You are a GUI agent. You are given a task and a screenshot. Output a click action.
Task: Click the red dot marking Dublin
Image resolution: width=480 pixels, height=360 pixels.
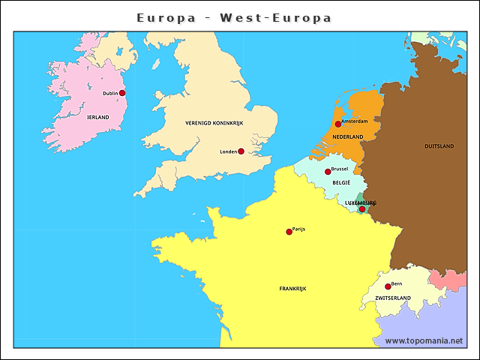pos(122,93)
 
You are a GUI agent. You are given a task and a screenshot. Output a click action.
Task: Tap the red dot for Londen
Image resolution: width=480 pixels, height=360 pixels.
pos(241,151)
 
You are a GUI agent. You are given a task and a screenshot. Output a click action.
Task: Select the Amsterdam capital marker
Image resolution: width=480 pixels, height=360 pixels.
pos(338,124)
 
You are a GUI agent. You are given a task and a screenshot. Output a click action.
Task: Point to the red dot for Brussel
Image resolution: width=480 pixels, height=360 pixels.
pos(328,172)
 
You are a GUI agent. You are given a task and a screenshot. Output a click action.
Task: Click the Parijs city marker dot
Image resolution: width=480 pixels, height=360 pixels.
pos(289,232)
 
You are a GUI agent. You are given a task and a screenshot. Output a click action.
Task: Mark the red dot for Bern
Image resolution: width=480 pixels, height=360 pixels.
pos(388,286)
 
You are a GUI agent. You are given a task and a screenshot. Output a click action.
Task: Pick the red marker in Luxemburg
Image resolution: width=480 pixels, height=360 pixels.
pos(361,209)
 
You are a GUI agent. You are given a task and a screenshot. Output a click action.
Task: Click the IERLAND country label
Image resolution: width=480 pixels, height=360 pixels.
pos(97,118)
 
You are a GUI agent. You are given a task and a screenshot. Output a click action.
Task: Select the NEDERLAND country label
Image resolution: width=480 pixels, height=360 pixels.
pos(348,137)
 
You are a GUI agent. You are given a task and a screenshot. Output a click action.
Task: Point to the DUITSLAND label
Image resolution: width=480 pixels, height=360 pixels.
pos(439,146)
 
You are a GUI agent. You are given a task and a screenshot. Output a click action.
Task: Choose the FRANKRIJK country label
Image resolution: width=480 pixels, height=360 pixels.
pos(292,288)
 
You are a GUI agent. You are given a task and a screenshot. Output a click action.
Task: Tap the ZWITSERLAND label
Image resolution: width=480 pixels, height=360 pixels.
pos(393,298)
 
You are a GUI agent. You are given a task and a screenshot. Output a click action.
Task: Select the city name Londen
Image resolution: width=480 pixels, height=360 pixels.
pos(228,151)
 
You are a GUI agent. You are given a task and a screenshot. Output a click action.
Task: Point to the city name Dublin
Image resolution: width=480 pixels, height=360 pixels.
pos(110,93)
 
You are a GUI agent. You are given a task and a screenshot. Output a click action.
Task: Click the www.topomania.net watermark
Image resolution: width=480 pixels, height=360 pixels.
pos(424,341)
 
